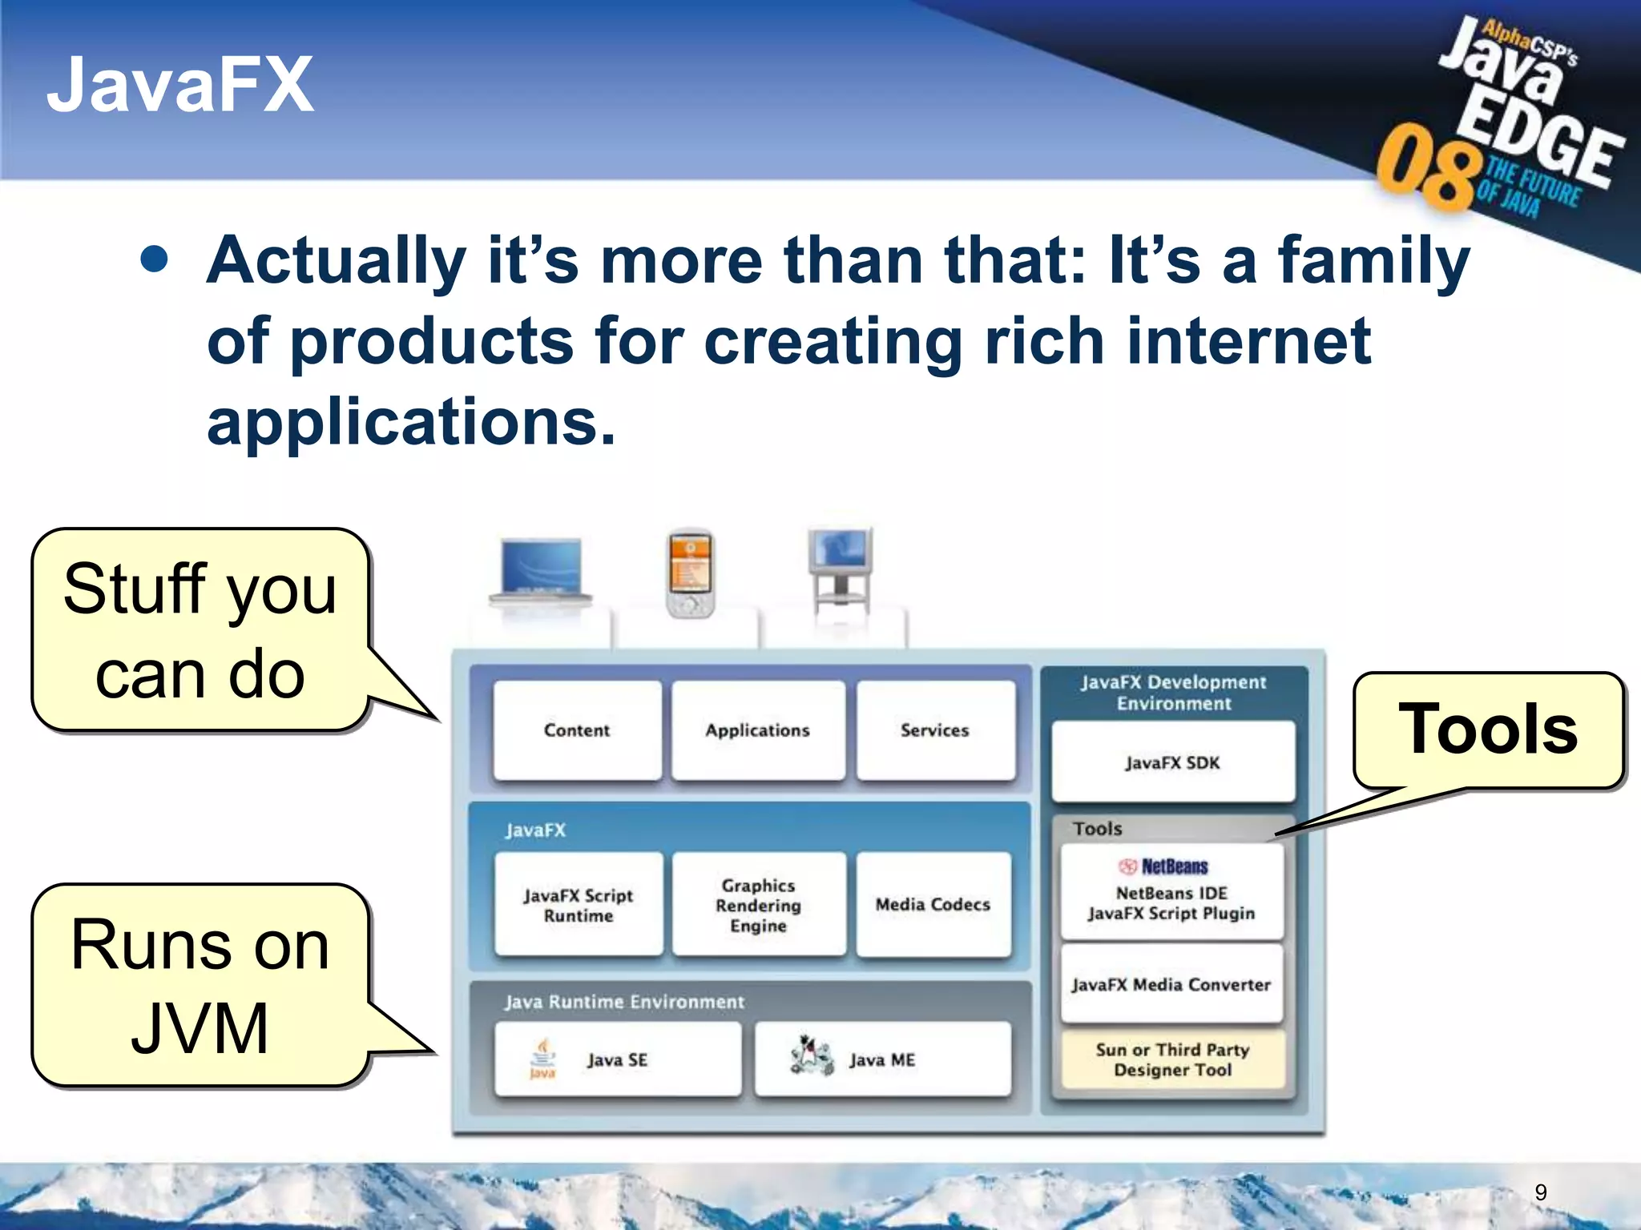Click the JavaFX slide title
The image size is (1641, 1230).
180,84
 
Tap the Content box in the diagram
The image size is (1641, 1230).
577,730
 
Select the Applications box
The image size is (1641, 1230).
757,730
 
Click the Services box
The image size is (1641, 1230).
934,730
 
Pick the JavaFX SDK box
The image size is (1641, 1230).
1172,762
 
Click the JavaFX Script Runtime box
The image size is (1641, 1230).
578,905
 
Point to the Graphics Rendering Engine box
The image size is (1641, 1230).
758,905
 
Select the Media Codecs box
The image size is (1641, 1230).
933,905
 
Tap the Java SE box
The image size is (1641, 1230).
617,1059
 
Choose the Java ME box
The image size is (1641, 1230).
881,1059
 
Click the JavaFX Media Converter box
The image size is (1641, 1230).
1171,985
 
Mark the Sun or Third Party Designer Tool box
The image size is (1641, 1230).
1172,1059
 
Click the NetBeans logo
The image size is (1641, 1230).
1163,866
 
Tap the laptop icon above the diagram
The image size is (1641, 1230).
541,570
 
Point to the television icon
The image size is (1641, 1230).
840,569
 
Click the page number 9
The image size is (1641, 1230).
1540,1192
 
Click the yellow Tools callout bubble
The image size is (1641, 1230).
1488,730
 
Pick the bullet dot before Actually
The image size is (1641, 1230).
154,259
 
